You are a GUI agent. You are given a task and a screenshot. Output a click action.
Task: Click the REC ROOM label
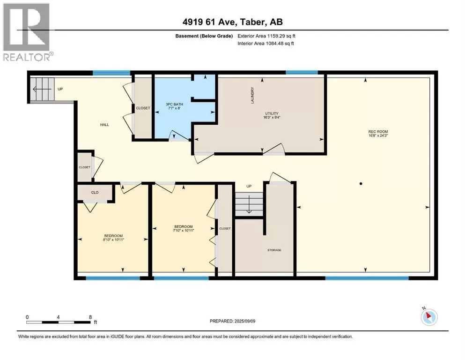(x=378, y=131)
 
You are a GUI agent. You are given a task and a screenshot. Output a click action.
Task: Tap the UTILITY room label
(x=272, y=113)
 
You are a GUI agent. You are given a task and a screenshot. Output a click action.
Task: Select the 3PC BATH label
(x=174, y=104)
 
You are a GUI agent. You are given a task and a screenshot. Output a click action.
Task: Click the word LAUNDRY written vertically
(x=252, y=95)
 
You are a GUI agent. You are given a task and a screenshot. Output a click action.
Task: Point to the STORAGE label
(x=274, y=250)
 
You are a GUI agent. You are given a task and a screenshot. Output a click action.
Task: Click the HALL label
(x=104, y=125)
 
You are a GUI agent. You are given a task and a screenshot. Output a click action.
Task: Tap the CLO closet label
(x=95, y=192)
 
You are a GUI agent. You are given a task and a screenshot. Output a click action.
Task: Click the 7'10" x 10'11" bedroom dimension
(x=184, y=230)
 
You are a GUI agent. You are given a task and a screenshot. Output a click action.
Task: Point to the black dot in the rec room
(x=361, y=184)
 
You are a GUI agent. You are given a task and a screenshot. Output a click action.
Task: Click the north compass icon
(x=429, y=317)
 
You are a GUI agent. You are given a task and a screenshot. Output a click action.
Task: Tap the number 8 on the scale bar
(x=90, y=317)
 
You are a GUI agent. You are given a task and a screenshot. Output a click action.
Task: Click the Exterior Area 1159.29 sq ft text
(x=266, y=36)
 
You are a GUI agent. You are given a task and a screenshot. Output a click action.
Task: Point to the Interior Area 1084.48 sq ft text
(x=266, y=43)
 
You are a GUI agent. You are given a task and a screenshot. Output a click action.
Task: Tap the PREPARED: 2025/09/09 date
(x=232, y=321)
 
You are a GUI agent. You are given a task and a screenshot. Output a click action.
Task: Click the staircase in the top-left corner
(x=43, y=89)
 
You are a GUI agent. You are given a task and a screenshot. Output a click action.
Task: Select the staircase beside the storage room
(x=249, y=204)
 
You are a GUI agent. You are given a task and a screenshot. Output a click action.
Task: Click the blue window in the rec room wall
(x=367, y=278)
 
